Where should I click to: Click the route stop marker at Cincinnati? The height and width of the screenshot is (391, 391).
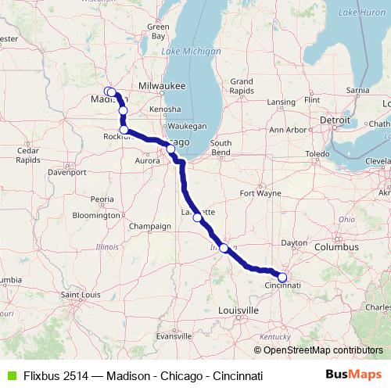[x=282, y=276]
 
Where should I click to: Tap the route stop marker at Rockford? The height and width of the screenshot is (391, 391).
[x=124, y=130]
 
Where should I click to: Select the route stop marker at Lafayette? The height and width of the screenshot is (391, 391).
[x=198, y=218]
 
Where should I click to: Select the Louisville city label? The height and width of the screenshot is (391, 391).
[x=239, y=310]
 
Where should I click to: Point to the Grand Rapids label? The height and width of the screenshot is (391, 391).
[x=241, y=85]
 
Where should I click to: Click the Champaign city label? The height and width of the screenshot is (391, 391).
[x=150, y=226]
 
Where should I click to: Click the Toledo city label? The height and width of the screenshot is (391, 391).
[x=317, y=154]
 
